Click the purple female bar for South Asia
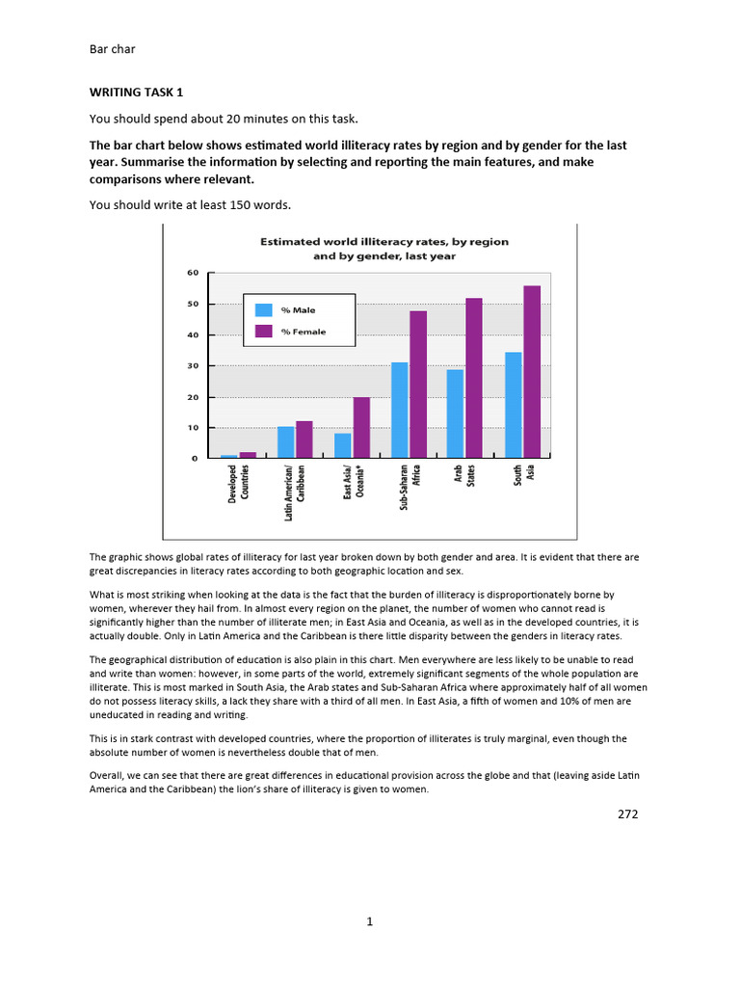532,371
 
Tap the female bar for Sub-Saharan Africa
418,384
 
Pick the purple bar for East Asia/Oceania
361,427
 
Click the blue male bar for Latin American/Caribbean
286,441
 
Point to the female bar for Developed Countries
248,455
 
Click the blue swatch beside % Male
263,310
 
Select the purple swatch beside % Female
263,332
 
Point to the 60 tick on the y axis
192,274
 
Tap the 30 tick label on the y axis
192,366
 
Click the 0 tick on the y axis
195,459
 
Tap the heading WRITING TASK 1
135,92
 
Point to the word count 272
627,814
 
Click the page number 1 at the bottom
369,921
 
